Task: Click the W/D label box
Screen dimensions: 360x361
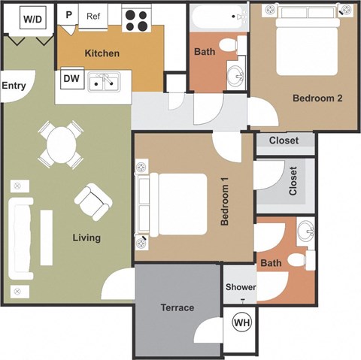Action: pyautogui.click(x=32, y=19)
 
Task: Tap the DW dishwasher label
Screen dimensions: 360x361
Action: pyautogui.click(x=72, y=77)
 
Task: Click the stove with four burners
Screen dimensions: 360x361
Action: pyautogui.click(x=136, y=20)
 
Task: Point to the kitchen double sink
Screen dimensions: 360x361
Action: pyautogui.click(x=105, y=82)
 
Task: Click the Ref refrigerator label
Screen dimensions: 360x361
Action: pyautogui.click(x=93, y=16)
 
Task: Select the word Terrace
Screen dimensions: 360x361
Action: pyautogui.click(x=177, y=307)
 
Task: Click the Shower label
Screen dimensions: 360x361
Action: pyautogui.click(x=241, y=288)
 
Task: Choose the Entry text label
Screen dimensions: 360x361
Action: pyautogui.click(x=14, y=86)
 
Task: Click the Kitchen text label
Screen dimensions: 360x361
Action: pyautogui.click(x=102, y=53)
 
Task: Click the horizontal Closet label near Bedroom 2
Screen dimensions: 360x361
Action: pyautogui.click(x=284, y=141)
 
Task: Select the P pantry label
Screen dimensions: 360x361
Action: pyautogui.click(x=68, y=14)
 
